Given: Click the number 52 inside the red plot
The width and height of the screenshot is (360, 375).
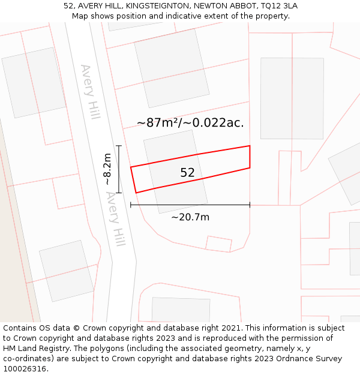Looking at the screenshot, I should tap(187, 173).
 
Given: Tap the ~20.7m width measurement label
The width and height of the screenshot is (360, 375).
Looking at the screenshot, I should tap(190, 217).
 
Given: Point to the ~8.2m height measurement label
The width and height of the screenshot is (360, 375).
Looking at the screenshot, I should tap(107, 169).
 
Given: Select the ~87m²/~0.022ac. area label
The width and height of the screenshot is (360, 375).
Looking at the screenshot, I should tap(190, 123).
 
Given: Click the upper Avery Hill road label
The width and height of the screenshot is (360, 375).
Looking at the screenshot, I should tap(90, 92).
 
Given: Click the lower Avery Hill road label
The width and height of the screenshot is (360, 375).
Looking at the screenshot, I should tap(115, 219).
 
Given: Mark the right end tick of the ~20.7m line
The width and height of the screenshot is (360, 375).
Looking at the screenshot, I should tap(250, 205).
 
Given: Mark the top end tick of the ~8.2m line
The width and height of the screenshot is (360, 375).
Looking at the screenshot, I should tap(119, 146).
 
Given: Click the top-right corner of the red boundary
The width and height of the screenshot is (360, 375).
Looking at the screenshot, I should tap(250, 146).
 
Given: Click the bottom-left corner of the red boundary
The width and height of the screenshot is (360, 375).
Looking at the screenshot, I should tap(136, 193).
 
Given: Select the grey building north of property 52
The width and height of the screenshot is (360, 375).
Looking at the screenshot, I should tap(172, 67).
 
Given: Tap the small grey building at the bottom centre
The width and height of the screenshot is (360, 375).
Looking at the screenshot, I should tap(181, 310).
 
